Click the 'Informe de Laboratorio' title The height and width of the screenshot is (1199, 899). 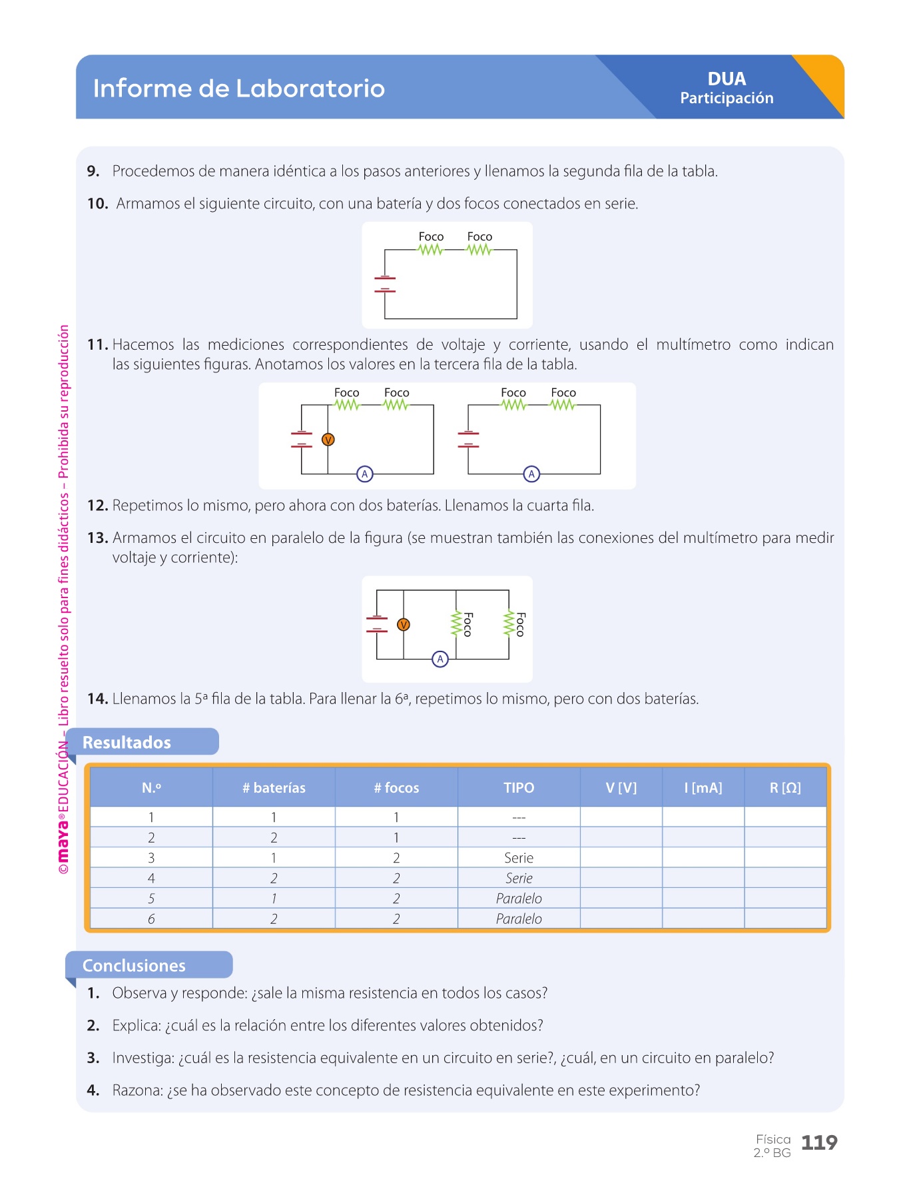[238, 88]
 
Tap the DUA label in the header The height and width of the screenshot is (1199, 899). [727, 79]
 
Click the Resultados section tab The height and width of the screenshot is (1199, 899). [127, 742]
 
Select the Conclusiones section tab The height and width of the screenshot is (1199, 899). [134, 965]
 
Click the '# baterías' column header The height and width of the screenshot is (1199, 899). [274, 787]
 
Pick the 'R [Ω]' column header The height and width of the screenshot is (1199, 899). [785, 787]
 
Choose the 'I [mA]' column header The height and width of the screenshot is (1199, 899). [703, 787]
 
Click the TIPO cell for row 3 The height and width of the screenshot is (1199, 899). [519, 858]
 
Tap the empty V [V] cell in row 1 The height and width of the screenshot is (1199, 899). [621, 817]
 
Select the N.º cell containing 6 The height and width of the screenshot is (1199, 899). [151, 919]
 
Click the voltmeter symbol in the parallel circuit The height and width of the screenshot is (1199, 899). [403, 625]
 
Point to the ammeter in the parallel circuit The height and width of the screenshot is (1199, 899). [440, 659]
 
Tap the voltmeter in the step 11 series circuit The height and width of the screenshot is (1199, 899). [328, 440]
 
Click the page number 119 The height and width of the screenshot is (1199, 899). [818, 1143]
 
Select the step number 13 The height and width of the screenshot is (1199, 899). [97, 538]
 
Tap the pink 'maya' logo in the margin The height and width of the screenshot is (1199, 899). [63, 841]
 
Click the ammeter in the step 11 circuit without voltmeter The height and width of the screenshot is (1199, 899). [531, 474]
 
